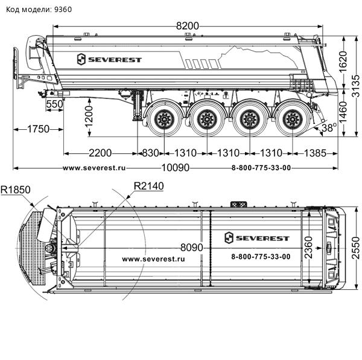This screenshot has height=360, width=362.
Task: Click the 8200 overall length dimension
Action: coord(187,26)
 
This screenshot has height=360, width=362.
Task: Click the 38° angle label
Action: coord(328,128)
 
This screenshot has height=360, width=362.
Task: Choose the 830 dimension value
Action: coord(150,152)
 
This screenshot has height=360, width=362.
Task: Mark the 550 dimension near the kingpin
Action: coord(54,104)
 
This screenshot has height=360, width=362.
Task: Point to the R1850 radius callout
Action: coord(16,190)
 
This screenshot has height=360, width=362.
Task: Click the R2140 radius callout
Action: coord(148,185)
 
